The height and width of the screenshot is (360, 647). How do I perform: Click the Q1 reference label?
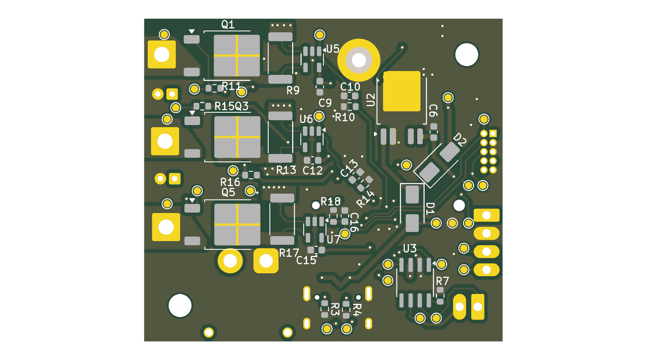[228, 24]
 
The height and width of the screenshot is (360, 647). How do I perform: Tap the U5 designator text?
[333, 49]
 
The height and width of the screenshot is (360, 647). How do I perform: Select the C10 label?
[350, 87]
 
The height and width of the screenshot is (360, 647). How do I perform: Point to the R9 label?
[293, 90]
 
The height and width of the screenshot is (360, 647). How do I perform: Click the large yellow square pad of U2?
[401, 91]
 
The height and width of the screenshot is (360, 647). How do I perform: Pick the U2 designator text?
[371, 99]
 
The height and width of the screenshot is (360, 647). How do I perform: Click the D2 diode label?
[460, 140]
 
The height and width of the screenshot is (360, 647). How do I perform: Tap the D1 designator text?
[430, 208]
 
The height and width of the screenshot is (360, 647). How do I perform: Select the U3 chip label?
[410, 249]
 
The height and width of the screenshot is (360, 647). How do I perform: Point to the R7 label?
[442, 281]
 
